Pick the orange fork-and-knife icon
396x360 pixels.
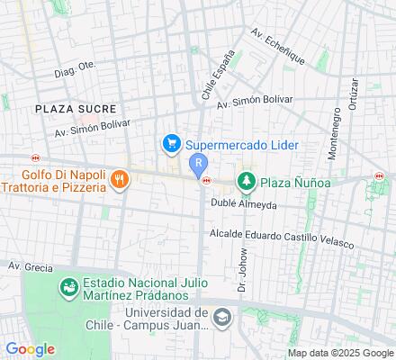(x=119, y=181)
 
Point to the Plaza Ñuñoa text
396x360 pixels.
(x=295, y=183)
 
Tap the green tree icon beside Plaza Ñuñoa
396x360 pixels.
(x=246, y=183)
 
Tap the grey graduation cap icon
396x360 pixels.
(x=222, y=317)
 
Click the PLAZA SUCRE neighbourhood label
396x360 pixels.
(x=76, y=108)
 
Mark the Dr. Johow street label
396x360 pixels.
(x=241, y=275)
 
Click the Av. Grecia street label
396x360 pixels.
(x=27, y=265)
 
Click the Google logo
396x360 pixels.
(x=30, y=349)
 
